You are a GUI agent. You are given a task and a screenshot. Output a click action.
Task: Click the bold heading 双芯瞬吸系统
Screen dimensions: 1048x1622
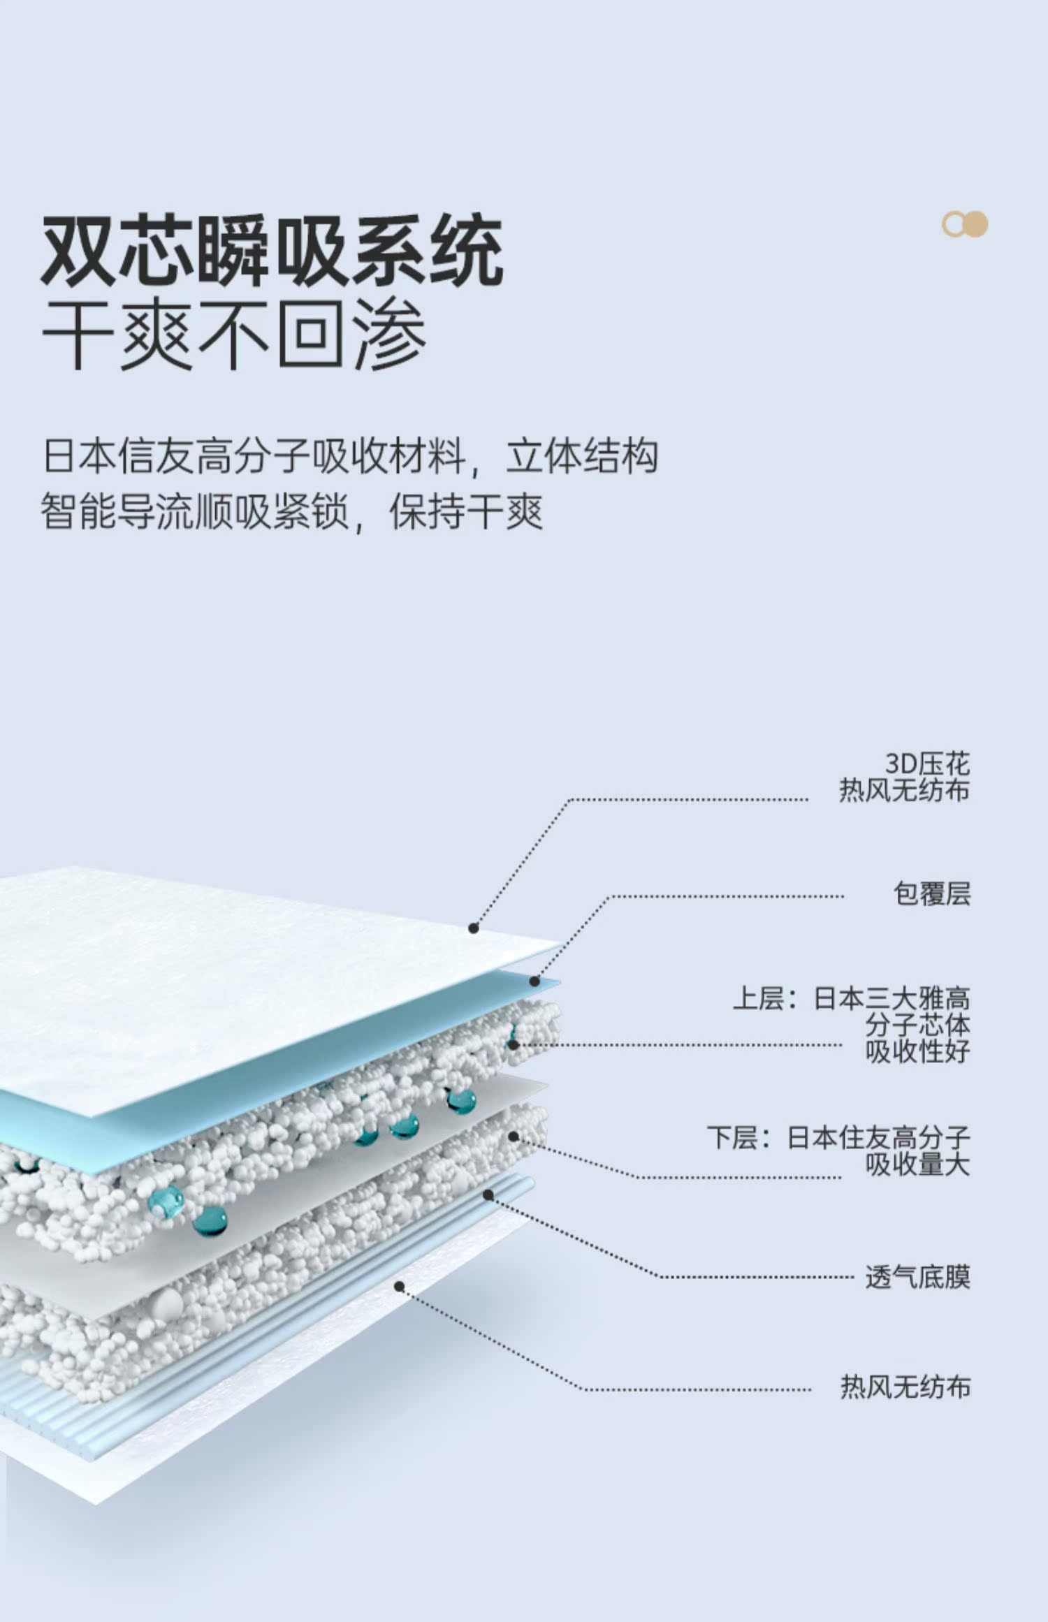click(x=272, y=251)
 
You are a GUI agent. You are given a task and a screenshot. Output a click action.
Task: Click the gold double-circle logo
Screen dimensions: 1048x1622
click(x=964, y=224)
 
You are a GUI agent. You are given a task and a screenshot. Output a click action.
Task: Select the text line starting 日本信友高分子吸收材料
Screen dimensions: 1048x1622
click(x=349, y=456)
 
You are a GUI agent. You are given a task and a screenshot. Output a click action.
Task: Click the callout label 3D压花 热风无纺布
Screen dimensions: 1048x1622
click(x=904, y=777)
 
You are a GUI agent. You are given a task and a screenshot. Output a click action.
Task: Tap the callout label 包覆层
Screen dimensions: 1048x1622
click(x=931, y=893)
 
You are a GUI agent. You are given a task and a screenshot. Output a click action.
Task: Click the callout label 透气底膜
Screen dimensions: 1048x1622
click(x=917, y=1277)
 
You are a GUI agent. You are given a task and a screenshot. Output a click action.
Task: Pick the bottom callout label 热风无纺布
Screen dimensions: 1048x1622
click(x=905, y=1386)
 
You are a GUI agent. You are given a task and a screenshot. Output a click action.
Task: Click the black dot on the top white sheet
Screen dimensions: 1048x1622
click(x=473, y=928)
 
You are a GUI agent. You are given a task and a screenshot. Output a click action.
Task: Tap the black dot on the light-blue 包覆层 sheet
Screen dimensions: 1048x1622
click(x=534, y=981)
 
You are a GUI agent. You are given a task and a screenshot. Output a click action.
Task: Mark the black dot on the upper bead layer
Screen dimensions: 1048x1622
click(x=513, y=1045)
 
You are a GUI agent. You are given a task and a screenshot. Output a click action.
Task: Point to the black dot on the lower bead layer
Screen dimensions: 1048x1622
click(x=514, y=1137)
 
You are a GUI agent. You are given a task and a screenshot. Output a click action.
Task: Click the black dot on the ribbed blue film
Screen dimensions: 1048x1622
click(x=488, y=1195)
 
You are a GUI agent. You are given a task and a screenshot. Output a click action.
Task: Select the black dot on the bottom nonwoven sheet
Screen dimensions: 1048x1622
click(x=399, y=1286)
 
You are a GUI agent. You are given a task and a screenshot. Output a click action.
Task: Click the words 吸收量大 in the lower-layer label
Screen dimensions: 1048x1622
click(x=917, y=1164)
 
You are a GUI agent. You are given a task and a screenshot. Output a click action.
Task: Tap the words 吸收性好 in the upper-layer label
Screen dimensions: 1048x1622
click(x=917, y=1051)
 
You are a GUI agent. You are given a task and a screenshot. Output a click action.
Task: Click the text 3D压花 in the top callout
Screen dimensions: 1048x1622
click(x=927, y=763)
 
